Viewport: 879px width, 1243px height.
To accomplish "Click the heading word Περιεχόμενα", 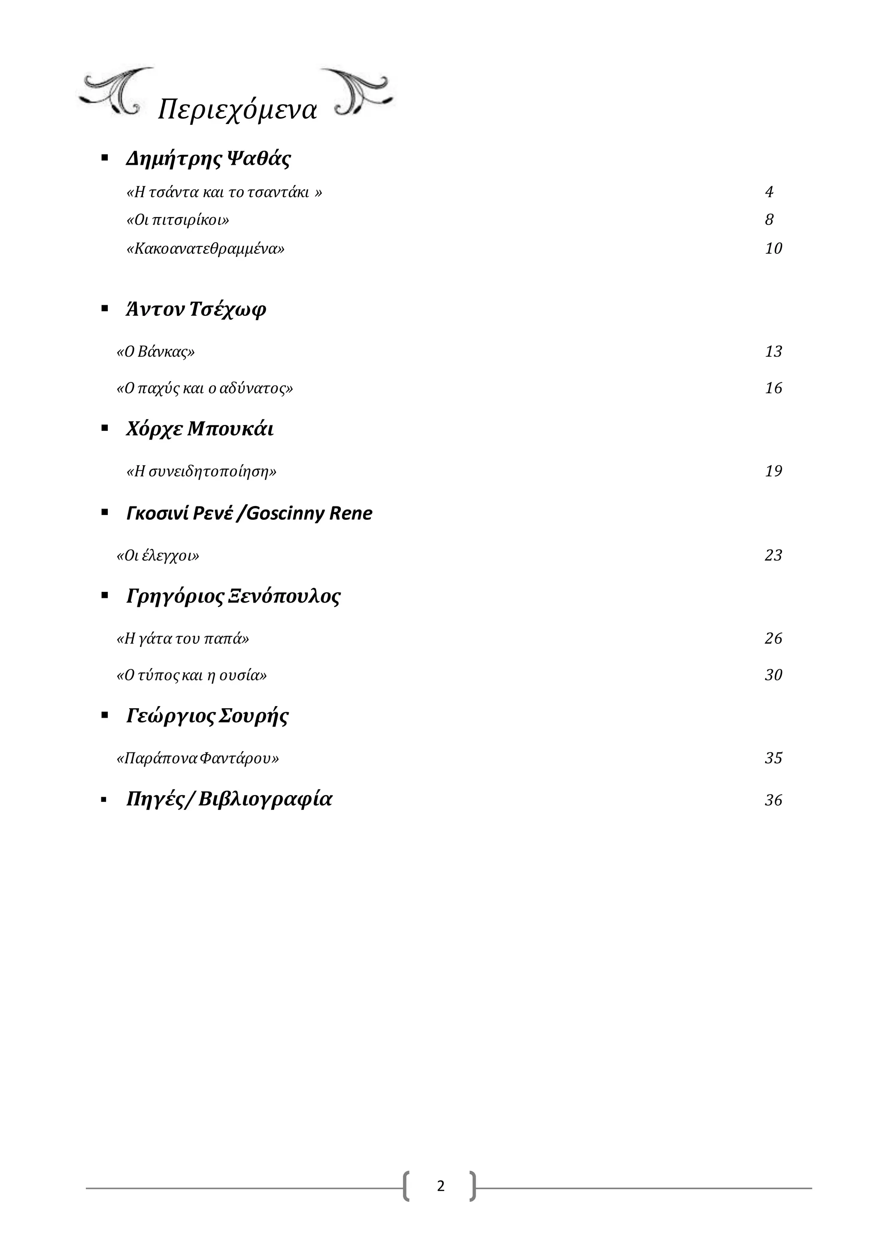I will click(237, 110).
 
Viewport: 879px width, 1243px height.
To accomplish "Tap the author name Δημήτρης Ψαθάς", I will click(209, 159).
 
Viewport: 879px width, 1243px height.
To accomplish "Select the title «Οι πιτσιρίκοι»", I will click(178, 220).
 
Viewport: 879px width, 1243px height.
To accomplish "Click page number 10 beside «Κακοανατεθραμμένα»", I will click(773, 249).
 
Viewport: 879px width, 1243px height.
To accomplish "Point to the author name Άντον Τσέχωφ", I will click(196, 309).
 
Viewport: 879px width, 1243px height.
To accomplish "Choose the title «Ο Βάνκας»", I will click(155, 352).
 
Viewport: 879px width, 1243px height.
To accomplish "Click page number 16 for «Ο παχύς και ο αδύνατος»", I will click(773, 388).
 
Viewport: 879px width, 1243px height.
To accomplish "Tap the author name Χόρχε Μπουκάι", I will click(200, 429).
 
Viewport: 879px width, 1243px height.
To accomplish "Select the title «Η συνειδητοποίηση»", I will click(201, 472).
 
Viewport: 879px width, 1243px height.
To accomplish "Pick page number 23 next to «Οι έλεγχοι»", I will click(773, 555).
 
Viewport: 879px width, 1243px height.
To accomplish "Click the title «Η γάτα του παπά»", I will click(183, 639).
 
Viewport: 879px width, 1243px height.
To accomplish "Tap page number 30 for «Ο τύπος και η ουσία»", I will click(773, 675).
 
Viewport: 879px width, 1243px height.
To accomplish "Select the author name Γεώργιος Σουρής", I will click(207, 716).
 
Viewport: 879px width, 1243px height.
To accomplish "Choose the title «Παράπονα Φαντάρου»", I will click(197, 758).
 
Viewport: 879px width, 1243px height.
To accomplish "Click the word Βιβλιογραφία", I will click(265, 800).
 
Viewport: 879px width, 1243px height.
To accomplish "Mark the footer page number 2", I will click(441, 1186).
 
